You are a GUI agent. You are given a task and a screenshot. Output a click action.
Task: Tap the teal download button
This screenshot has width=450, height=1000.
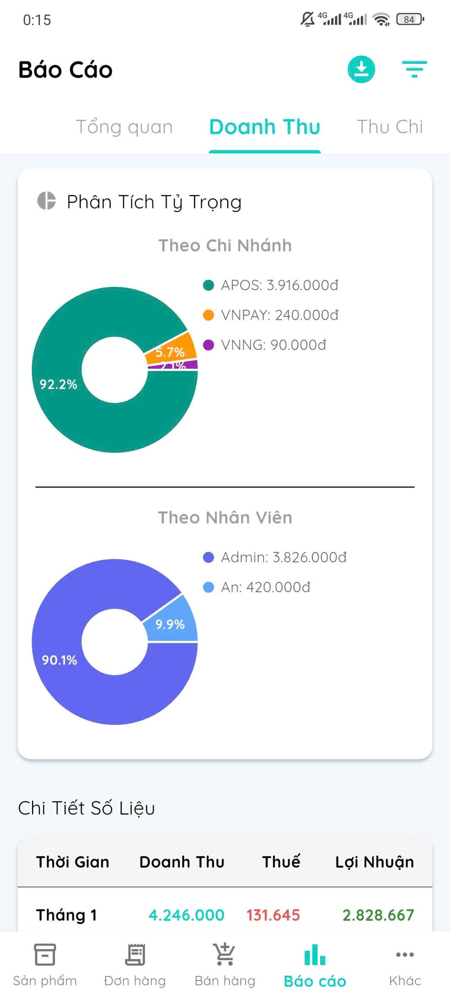point(361,70)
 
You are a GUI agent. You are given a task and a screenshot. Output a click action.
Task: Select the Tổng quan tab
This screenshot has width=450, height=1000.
point(124,127)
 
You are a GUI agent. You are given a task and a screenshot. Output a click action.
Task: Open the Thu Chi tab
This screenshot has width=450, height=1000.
point(389,127)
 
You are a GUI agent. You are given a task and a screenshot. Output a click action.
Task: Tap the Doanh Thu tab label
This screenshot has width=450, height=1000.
point(265,127)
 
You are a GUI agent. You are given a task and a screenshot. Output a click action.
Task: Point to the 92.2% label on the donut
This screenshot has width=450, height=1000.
point(58,384)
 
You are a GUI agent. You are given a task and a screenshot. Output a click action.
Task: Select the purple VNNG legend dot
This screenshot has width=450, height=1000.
point(208,345)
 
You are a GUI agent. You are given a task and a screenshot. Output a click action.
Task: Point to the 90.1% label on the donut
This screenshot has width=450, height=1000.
point(59,660)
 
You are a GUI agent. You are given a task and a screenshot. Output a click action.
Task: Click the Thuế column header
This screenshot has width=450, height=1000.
point(281,862)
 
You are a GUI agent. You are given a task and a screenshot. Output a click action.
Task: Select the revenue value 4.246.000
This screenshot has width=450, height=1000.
point(186,915)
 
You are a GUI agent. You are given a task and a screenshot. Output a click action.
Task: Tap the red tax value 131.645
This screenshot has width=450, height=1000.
point(273,915)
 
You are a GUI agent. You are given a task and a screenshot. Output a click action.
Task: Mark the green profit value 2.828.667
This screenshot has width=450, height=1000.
point(378,915)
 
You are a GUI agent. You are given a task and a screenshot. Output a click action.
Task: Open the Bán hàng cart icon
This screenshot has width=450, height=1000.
point(225,954)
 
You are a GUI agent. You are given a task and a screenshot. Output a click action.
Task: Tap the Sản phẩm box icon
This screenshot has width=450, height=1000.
point(45,954)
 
